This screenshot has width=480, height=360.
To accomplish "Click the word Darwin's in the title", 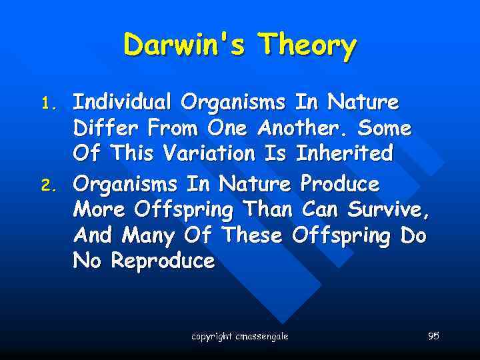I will (x=187, y=45).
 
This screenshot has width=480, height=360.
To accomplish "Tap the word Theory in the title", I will (x=309, y=45).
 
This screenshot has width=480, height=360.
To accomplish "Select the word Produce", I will (x=339, y=183).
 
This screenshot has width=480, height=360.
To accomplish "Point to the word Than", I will (x=267, y=209).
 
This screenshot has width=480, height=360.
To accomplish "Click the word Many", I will (x=149, y=235).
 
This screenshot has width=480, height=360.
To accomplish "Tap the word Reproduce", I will (x=163, y=261).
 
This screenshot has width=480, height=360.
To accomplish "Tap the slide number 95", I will (x=433, y=336).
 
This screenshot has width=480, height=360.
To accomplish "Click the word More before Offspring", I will (x=101, y=209).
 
